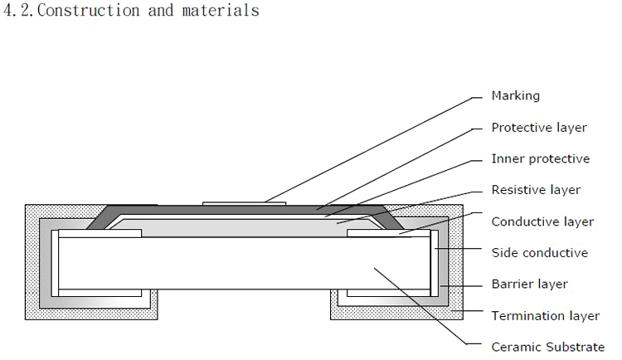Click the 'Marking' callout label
[x=515, y=95]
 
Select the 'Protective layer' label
[x=539, y=128]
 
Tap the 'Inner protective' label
[x=541, y=158]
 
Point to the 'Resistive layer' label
[x=536, y=190]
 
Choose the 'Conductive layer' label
[x=542, y=221]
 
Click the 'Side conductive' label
[x=540, y=252]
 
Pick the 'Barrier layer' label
[x=529, y=284]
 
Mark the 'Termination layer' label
[x=545, y=315]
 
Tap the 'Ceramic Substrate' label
[x=548, y=347]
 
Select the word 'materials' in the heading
[x=221, y=11]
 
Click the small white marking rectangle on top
[x=245, y=202]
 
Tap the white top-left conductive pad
[x=100, y=234]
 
